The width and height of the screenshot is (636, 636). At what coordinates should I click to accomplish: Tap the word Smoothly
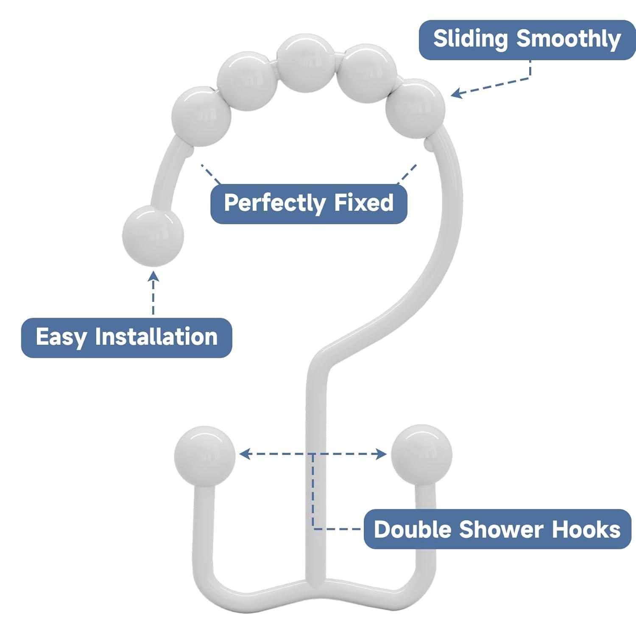pyautogui.click(x=568, y=39)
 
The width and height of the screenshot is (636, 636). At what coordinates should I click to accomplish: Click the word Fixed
pyautogui.click(x=364, y=203)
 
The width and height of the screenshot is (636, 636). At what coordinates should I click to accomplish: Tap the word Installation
pyautogui.click(x=156, y=337)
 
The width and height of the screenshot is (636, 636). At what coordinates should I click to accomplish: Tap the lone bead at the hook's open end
pyautogui.click(x=153, y=236)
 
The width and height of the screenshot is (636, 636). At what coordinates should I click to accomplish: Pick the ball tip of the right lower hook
pyautogui.click(x=421, y=455)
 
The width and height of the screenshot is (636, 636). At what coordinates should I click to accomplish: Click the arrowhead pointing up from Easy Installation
pyautogui.click(x=153, y=276)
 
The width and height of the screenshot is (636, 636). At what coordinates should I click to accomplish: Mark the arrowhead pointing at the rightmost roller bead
pyautogui.click(x=456, y=94)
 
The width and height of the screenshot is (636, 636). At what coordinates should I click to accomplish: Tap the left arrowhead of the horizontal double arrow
pyautogui.click(x=244, y=454)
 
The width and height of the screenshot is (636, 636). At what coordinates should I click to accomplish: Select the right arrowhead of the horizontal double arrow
pyautogui.click(x=382, y=455)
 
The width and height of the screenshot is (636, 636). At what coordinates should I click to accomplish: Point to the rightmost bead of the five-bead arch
pyautogui.click(x=415, y=109)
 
